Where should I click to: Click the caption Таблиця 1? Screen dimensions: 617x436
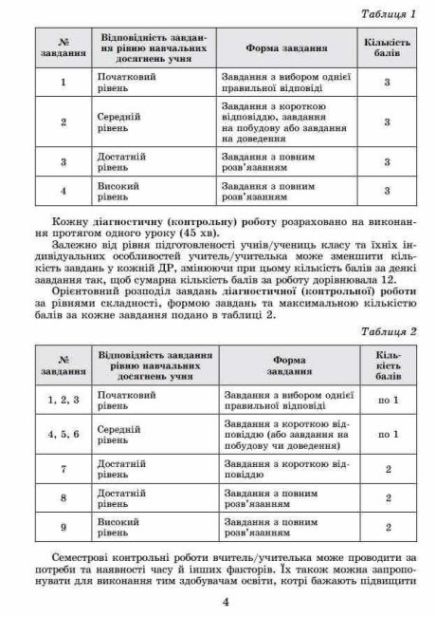(389, 16)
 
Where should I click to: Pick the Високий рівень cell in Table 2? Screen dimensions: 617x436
(121, 527)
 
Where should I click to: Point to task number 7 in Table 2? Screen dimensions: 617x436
(64, 468)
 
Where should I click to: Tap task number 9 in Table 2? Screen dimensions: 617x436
(64, 527)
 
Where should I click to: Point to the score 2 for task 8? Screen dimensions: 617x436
(390, 497)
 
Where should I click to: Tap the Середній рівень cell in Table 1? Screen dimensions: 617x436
(121, 122)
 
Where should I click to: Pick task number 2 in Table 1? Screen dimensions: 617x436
(63, 122)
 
